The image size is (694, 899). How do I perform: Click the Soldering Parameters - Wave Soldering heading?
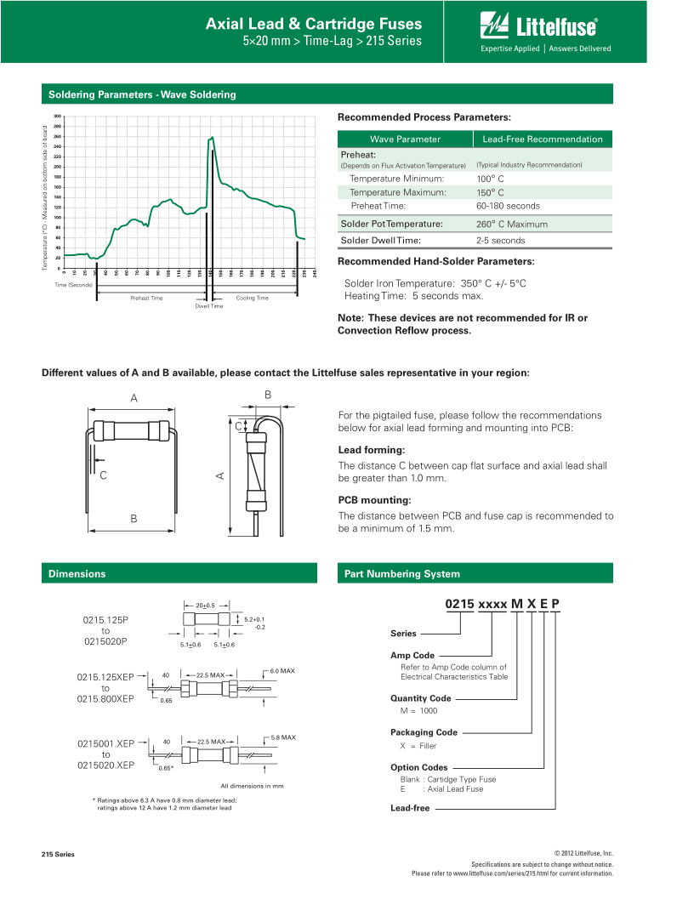coord(142,94)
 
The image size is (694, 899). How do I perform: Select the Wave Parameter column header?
coord(405,139)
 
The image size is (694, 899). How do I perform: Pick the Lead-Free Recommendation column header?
coord(542,139)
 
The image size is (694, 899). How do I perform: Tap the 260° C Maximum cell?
coord(512,225)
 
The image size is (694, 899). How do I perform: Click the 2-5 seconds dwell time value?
coord(501,241)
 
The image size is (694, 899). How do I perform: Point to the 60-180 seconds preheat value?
coord(508,206)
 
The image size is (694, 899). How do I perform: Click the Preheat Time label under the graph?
coord(146,299)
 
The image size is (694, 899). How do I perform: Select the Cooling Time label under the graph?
coord(252,299)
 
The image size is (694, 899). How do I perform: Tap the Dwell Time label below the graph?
coord(208,306)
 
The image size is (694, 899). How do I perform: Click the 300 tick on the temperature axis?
coord(57,116)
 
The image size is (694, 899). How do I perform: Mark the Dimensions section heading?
coord(77,574)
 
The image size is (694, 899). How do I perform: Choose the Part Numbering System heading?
coord(401,574)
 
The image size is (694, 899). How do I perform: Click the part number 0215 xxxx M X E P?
coord(503,604)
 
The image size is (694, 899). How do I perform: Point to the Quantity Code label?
coord(420,698)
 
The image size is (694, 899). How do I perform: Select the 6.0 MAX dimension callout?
coord(282,671)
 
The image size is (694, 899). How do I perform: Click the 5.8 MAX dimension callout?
coord(282,737)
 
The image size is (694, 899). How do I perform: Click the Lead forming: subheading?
coord(372,450)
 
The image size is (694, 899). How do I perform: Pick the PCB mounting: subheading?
coord(374,500)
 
